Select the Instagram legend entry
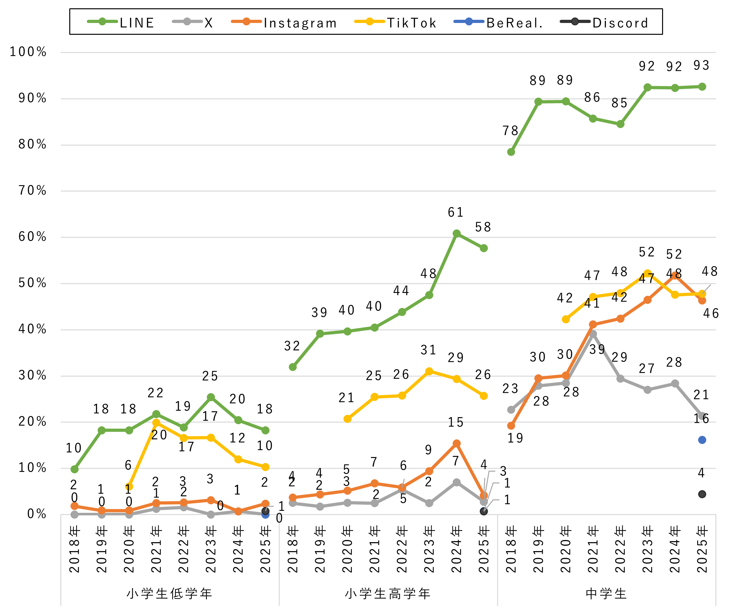pyautogui.click(x=284, y=23)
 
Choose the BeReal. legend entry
pyautogui.click(x=498, y=23)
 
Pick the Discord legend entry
pyautogui.click(x=604, y=23)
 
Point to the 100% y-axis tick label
pyautogui.click(x=28, y=52)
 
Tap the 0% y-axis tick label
pyautogui.click(x=37, y=514)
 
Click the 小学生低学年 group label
pyautogui.click(x=170, y=594)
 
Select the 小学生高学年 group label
pyautogui.click(x=388, y=594)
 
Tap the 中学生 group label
pyautogui.click(x=607, y=594)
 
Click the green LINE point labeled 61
pyautogui.click(x=457, y=234)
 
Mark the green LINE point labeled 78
pyautogui.click(x=511, y=152)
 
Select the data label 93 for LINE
pyautogui.click(x=701, y=65)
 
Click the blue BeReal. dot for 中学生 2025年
pyautogui.click(x=702, y=440)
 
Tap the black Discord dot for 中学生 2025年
pyautogui.click(x=702, y=494)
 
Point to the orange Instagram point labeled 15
pyautogui.click(x=457, y=444)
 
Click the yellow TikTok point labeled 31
pyautogui.click(x=429, y=371)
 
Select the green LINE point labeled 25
pyautogui.click(x=211, y=397)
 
